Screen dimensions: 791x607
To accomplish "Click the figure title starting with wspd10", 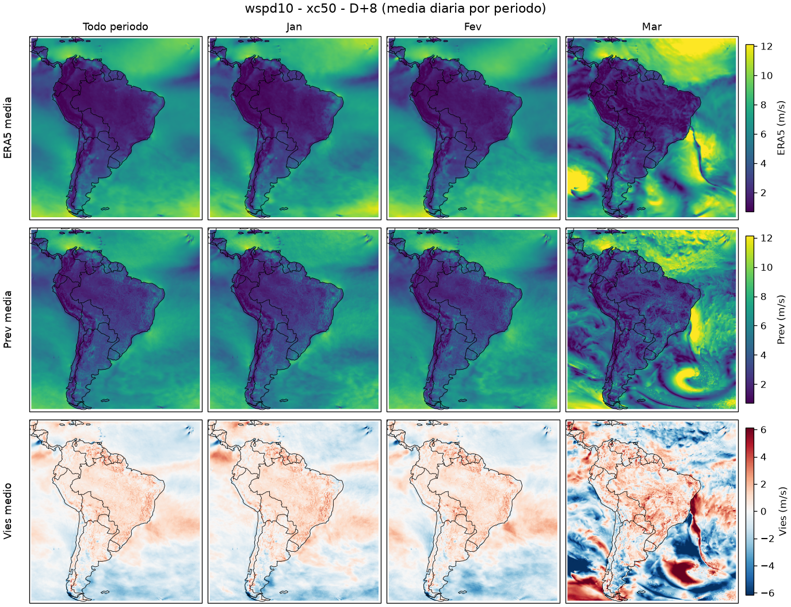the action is point(395,8).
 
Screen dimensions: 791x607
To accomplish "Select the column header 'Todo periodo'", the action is point(116,27).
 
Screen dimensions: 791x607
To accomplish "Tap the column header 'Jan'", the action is point(294,27).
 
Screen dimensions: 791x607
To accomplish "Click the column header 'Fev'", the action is point(473,27).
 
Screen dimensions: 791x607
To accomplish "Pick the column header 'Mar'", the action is point(652,27).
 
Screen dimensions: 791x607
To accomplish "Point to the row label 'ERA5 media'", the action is point(7,128).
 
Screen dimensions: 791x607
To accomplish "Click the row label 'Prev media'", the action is point(7,320).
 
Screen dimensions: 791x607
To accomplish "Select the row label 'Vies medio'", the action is point(7,511).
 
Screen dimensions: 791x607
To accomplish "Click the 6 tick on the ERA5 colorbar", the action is point(762,134).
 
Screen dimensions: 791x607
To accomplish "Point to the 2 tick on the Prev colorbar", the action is point(762,385).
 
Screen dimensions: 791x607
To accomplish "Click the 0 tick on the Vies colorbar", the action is point(763,512).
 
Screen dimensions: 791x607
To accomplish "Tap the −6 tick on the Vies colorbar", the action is point(763,593).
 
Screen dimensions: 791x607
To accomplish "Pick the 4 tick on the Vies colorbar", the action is point(763,457).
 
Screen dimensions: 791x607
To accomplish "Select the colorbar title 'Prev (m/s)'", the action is point(781,320).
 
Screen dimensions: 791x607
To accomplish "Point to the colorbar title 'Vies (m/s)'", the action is point(781,511).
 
